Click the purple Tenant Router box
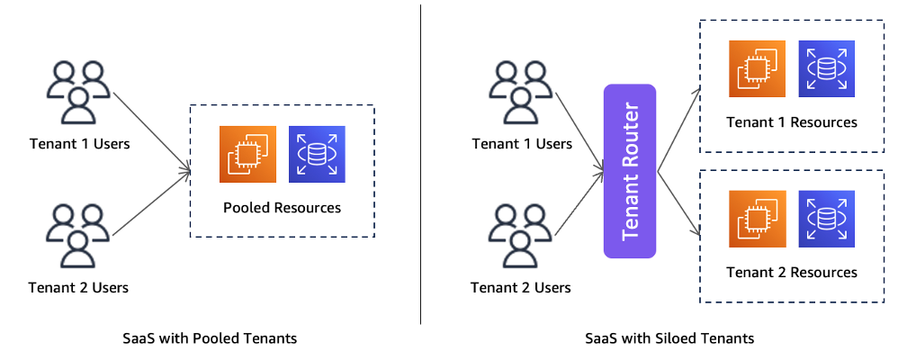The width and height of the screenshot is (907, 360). coord(630,171)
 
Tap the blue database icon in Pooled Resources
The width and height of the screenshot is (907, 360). coord(316,154)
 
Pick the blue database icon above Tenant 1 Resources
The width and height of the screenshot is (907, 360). coord(827,69)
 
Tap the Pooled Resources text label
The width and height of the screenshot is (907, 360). coord(282,207)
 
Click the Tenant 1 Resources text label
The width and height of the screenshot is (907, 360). coord(792,122)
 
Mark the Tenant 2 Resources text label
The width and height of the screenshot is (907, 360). coord(792,272)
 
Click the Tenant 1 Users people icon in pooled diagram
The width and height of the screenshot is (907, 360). coord(77,90)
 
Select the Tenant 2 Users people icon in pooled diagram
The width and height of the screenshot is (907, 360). coord(77,235)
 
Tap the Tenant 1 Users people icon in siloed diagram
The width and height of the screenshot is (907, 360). coord(520,90)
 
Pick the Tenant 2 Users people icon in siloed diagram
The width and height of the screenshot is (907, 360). coord(520,235)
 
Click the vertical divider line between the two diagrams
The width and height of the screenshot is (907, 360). coord(421,162)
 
